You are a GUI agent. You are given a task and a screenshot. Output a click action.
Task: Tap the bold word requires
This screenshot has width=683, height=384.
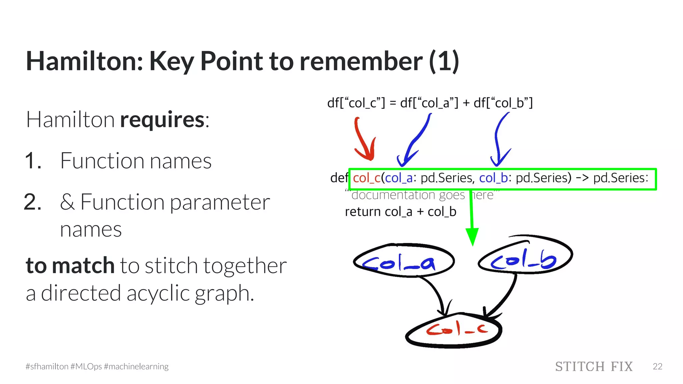pos(162,120)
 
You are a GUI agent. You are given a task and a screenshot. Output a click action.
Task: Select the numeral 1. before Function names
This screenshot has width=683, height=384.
pos(33,161)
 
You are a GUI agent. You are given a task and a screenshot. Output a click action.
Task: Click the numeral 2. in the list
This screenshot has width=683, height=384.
pos(33,202)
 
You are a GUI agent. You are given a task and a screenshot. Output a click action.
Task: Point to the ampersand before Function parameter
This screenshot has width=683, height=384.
pos(67,202)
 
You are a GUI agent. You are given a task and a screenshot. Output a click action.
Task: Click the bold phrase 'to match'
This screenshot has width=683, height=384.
pos(70,265)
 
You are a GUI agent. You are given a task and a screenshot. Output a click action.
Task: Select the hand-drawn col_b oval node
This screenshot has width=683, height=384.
pos(525,255)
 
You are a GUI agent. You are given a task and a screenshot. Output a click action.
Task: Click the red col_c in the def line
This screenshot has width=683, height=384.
pos(367,178)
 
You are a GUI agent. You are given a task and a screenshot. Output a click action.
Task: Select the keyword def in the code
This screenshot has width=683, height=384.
pos(338,178)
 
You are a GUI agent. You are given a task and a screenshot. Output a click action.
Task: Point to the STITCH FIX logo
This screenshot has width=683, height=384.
pos(594,367)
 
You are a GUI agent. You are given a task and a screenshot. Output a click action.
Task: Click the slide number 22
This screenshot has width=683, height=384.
pos(657,367)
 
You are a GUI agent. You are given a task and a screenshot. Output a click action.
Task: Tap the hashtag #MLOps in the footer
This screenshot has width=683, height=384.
pos(86,367)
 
